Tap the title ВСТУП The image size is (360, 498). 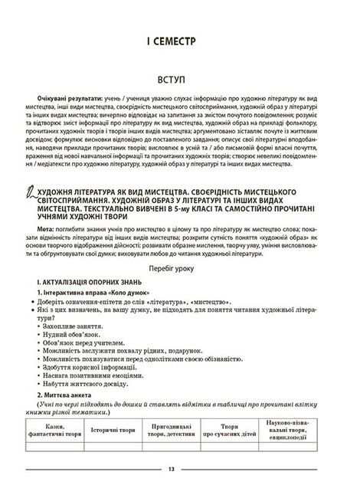click(x=179, y=79)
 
